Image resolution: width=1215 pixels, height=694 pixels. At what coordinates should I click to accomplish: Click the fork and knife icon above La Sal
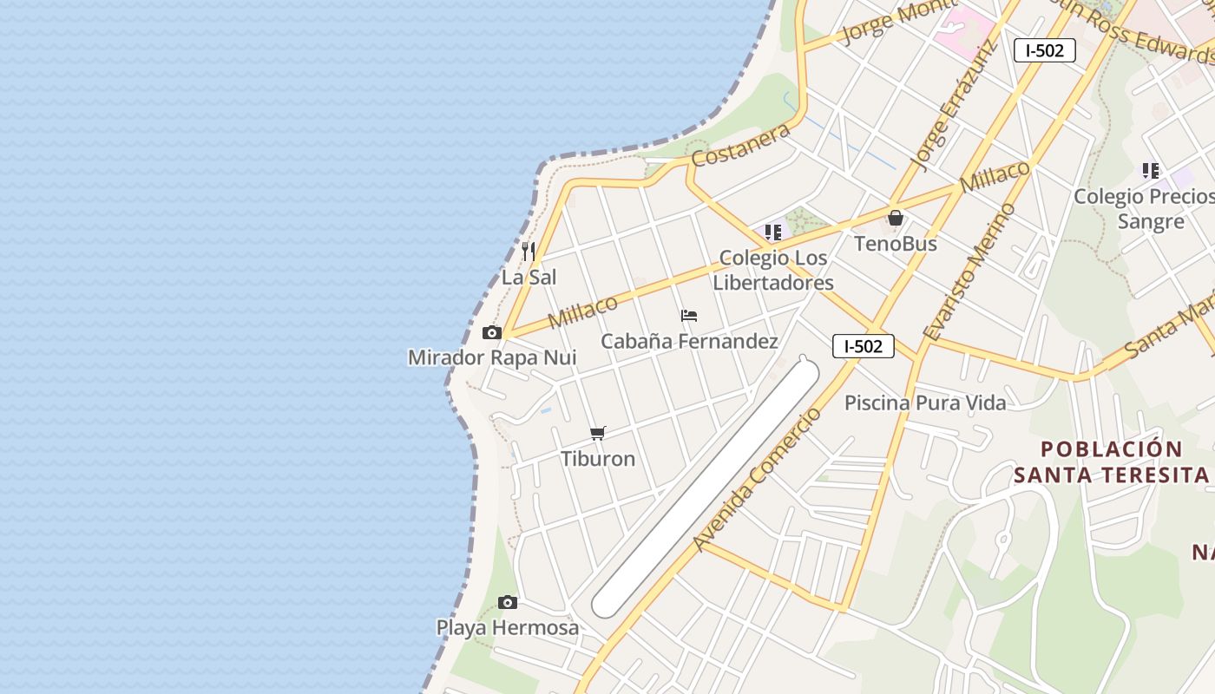pos(529,252)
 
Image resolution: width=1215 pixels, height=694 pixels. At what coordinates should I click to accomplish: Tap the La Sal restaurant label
pos(529,278)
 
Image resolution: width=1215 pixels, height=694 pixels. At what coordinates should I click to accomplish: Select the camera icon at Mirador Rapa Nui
pos(492,333)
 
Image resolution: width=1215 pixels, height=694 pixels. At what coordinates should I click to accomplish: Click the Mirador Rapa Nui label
pos(492,357)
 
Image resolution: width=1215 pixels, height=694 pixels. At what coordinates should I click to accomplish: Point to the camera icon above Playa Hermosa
pos(508,602)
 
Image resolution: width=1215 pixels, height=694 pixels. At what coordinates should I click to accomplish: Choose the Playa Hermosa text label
pos(507,627)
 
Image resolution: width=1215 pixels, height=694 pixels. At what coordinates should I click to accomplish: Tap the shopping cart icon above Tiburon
pos(598,433)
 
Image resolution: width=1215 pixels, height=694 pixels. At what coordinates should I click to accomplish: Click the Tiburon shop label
pos(598,459)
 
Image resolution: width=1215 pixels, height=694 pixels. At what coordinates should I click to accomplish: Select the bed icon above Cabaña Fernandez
pos(689,316)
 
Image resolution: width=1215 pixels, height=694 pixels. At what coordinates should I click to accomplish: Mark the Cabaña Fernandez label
pos(689,341)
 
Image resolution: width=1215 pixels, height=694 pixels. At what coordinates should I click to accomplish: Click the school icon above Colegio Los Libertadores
pos(772,232)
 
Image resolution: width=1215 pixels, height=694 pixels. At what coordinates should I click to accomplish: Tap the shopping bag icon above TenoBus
pos(896,218)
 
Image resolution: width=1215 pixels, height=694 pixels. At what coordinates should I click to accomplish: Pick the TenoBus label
pos(896,244)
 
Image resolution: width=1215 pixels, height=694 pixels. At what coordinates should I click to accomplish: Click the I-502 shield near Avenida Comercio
pos(863,346)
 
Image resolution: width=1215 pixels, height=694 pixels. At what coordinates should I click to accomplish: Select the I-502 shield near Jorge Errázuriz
pos(1044,50)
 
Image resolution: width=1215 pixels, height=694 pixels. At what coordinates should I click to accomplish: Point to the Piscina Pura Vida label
pos(925,403)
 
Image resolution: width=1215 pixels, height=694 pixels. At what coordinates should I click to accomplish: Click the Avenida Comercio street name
pos(757,479)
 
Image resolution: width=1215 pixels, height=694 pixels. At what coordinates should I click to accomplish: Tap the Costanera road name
pos(740,144)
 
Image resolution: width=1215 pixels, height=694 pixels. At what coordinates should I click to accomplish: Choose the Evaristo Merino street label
pos(969,271)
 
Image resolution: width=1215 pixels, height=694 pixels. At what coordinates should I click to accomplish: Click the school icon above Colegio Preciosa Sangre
pos(1151,171)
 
